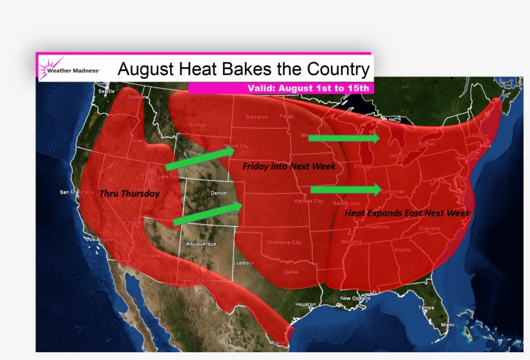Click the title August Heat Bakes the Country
[243, 69]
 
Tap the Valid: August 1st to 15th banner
[308, 88]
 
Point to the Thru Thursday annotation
[129, 193]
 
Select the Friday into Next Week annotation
[289, 167]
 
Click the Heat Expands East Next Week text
[407, 212]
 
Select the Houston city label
[305, 304]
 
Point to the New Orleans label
[355, 298]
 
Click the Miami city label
[447, 324]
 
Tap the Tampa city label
[425, 308]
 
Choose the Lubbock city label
[245, 262]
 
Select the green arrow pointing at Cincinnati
[346, 189]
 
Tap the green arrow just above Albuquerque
[207, 214]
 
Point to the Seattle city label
[107, 91]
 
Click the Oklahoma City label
[284, 242]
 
